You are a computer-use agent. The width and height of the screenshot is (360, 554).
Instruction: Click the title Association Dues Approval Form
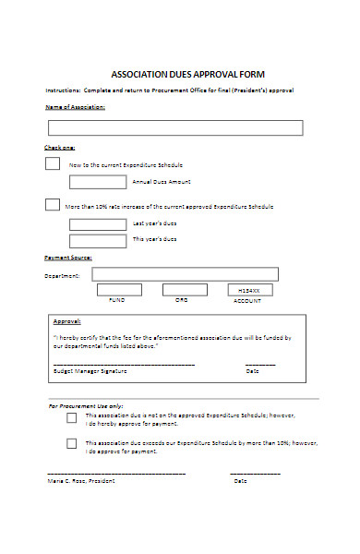[187, 72]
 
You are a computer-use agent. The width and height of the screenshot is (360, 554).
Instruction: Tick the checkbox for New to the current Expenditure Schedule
[53, 164]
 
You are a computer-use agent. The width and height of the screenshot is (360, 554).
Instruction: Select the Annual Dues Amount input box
[97, 181]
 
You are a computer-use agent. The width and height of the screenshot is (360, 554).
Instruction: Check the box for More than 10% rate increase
[53, 205]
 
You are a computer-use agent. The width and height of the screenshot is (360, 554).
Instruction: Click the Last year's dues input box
[97, 223]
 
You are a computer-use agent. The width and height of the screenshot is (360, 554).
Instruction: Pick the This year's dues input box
[97, 240]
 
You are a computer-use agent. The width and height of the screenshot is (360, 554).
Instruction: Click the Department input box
[185, 274]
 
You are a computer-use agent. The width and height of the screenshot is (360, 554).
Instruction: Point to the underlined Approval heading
[66, 322]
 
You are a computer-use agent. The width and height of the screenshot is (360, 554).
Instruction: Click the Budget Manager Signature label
[90, 371]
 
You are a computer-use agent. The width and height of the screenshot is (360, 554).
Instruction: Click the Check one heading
[60, 148]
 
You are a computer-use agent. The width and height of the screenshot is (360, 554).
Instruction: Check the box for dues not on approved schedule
[71, 417]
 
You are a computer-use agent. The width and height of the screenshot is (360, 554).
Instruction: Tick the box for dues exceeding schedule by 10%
[71, 443]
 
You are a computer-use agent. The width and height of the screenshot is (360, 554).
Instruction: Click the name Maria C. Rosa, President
[80, 481]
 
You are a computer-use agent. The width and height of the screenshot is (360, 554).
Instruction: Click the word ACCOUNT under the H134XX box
[247, 301]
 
